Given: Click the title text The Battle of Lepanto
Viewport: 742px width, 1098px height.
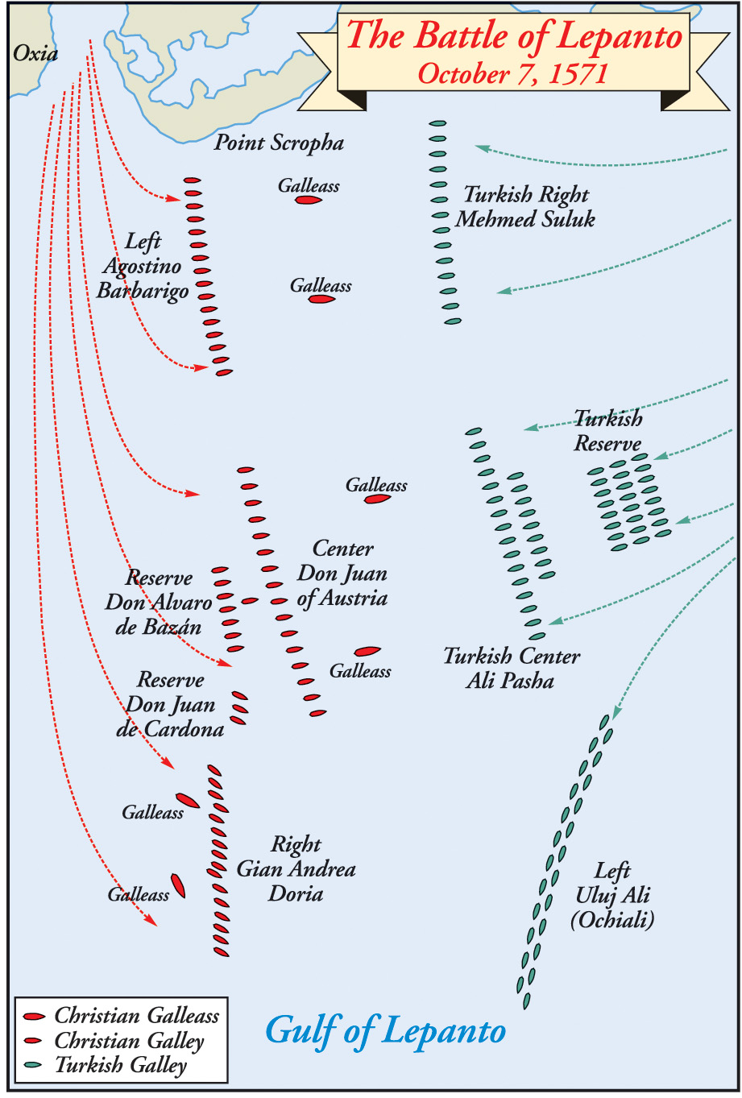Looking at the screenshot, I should tap(514, 37).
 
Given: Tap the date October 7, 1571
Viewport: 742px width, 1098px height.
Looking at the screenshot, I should tap(512, 74).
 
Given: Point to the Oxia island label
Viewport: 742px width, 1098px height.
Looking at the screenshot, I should tap(35, 54).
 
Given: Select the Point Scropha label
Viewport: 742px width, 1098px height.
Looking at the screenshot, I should tap(279, 143).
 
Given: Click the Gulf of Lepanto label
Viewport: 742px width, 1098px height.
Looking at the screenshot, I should tap(385, 1031).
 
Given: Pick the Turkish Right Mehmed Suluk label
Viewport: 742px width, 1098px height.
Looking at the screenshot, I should tap(525, 207).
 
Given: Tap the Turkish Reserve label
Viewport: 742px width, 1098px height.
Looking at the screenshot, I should tap(608, 431).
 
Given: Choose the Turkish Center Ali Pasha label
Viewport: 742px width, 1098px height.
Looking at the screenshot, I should tap(511, 669).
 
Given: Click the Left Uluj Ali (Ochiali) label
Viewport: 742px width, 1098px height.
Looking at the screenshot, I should tap(612, 895).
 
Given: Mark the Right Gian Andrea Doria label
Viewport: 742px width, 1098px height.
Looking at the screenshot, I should tap(296, 869).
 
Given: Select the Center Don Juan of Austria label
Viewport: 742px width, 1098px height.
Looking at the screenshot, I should tap(342, 574).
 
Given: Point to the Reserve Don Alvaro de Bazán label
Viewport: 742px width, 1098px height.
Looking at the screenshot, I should tap(159, 603).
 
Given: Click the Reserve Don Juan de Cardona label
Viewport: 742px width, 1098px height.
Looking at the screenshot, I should tap(171, 705).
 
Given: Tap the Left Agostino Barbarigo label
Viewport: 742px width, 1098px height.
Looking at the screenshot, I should tap(143, 266).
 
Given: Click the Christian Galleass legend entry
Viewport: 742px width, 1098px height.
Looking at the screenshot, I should tap(136, 1016).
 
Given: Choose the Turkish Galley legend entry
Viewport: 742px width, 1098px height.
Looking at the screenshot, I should tap(120, 1066).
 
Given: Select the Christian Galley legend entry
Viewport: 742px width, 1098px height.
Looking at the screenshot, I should tap(129, 1041).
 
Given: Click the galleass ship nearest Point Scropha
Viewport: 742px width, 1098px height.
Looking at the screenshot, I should tap(308, 199).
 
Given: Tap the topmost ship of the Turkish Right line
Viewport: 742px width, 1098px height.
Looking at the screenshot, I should tap(437, 123).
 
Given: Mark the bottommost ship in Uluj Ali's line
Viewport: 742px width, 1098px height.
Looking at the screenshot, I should tap(526, 1001).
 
